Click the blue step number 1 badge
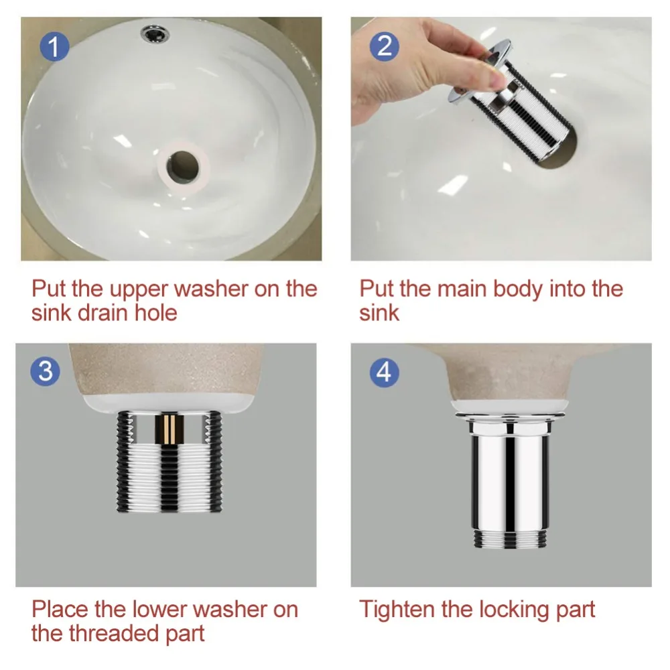[x=55, y=47]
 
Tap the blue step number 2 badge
[x=385, y=46]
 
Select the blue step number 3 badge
[x=46, y=371]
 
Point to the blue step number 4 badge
[x=384, y=372]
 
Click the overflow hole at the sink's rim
[x=155, y=33]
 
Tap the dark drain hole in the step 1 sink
[x=183, y=165]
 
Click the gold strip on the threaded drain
[x=170, y=429]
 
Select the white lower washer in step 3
[x=168, y=404]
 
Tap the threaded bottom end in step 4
[x=510, y=539]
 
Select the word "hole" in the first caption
[x=155, y=312]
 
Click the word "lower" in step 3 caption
[x=158, y=609]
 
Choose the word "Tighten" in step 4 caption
[x=397, y=610]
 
